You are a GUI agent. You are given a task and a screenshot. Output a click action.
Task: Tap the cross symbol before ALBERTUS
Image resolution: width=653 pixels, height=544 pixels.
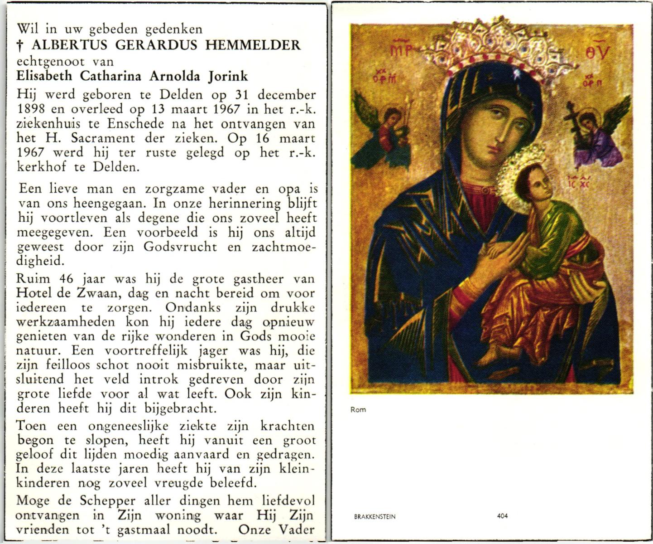(x=20, y=45)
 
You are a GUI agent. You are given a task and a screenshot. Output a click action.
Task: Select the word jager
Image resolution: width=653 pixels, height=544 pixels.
(x=216, y=350)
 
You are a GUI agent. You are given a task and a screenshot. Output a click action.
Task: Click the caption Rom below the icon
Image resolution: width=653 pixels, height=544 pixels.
(x=358, y=410)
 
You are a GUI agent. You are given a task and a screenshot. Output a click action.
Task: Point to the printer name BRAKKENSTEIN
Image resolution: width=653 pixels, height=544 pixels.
(x=375, y=516)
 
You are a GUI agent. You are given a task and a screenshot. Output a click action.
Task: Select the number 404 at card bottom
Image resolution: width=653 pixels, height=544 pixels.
(x=502, y=516)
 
